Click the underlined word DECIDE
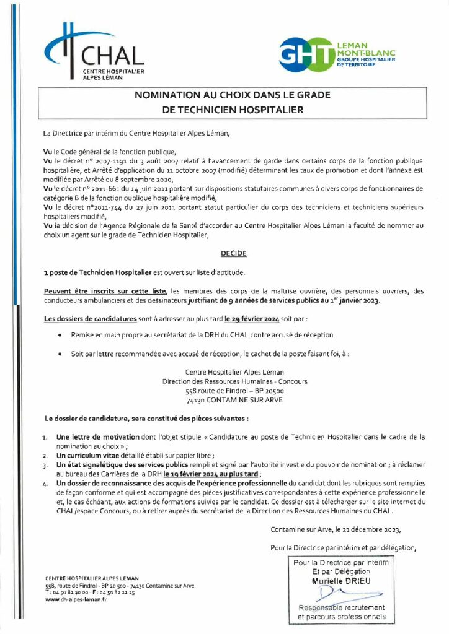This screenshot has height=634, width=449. (x=233, y=254)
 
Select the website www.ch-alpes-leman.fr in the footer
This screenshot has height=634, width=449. (x=76, y=599)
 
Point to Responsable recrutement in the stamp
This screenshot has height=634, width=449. (x=341, y=608)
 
